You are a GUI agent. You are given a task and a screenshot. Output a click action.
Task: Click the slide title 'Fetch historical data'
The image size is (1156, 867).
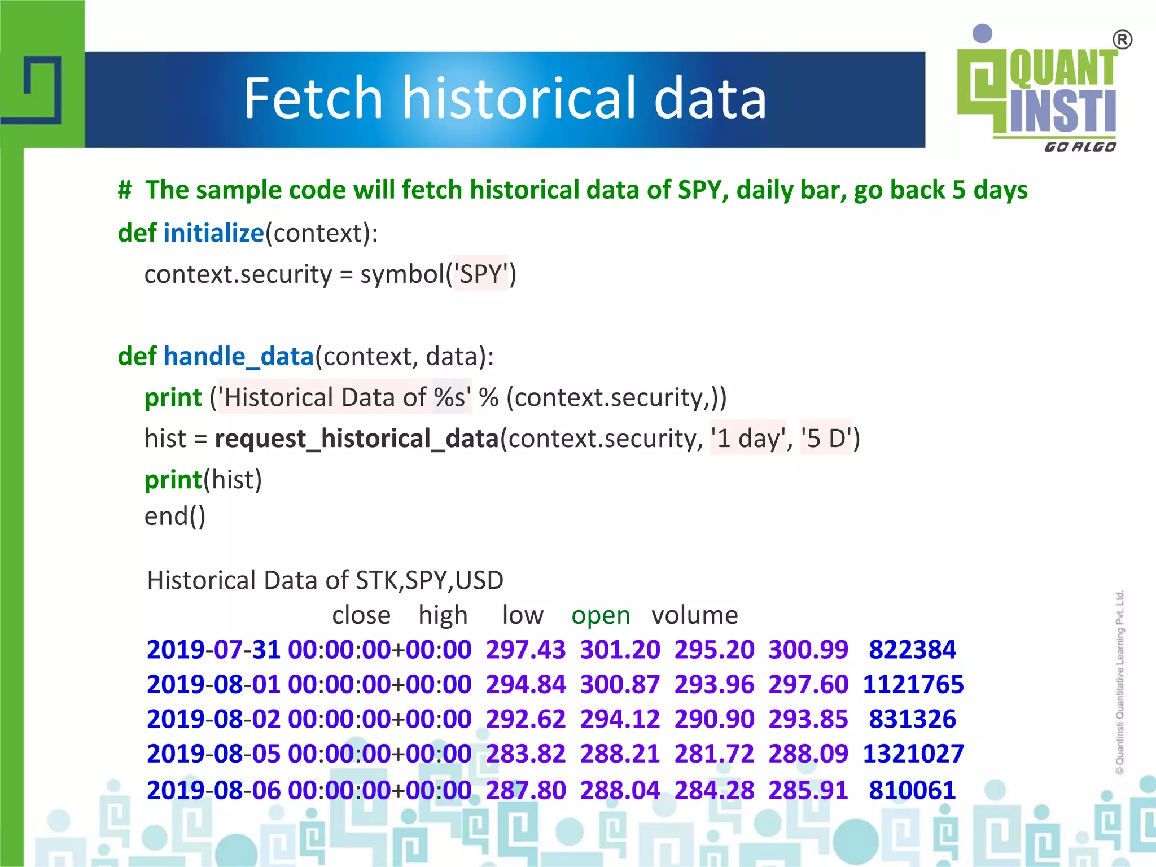pos(505,99)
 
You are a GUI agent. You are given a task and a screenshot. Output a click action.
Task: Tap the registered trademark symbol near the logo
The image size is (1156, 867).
pos(1122,40)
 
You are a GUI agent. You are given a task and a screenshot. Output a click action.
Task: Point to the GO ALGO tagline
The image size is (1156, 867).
pos(1080,147)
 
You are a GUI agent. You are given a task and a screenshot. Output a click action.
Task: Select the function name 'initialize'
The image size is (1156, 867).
pos(213,233)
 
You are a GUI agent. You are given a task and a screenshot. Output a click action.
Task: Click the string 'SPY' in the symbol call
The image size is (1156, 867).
pos(481,274)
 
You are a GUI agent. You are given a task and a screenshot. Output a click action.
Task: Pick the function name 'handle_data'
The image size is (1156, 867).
pos(238,357)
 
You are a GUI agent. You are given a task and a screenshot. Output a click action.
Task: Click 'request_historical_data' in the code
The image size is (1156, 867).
pos(357,439)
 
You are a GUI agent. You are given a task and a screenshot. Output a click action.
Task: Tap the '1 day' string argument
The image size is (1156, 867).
pos(748,439)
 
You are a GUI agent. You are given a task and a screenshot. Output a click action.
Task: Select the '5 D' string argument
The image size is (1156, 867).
pos(826,439)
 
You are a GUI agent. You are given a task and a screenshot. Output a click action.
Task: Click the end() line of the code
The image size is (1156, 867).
pos(175,516)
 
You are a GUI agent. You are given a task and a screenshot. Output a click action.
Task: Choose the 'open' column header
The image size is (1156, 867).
pos(601,615)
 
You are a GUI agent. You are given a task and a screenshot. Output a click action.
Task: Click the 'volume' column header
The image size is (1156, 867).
pos(694,615)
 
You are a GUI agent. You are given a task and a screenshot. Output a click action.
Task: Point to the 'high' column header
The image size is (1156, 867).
pos(443,615)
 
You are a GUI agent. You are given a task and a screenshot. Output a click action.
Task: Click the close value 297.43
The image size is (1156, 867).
pos(526,650)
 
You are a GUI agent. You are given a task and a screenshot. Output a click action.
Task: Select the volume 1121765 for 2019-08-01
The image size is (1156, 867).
pos(913,685)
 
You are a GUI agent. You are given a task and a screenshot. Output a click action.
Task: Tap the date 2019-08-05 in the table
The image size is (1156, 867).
pos(213,754)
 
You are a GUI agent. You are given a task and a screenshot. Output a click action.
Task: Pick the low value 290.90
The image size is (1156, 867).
pos(714,719)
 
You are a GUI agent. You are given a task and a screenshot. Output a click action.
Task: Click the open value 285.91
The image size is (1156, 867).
pos(808,790)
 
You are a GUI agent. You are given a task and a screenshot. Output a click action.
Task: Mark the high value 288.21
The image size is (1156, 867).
pos(620,754)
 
